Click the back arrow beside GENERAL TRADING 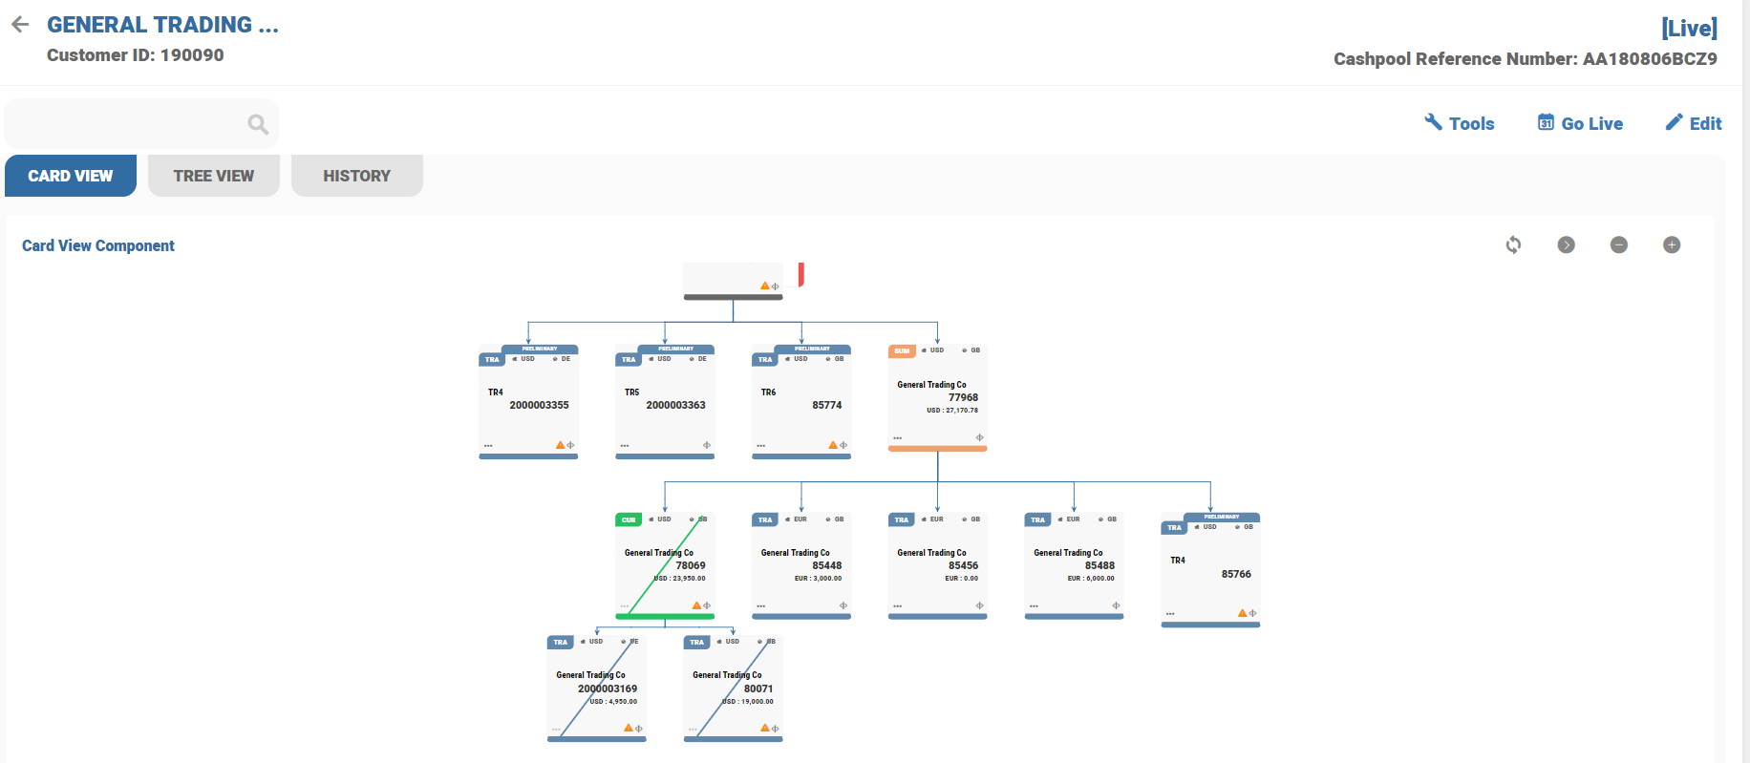[20, 25]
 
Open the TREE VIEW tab [213, 176]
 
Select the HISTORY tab [356, 176]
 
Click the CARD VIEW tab [71, 176]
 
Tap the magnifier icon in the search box [258, 124]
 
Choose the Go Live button [1580, 123]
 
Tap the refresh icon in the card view [1513, 245]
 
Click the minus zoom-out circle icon [1618, 245]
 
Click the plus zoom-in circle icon [1671, 245]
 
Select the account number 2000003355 [539, 405]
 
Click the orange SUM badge [902, 351]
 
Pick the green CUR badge [629, 520]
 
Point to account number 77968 [963, 397]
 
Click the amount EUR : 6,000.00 [1091, 579]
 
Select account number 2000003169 [608, 689]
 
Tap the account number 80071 [758, 689]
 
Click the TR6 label [768, 392]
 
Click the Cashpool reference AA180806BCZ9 [1649, 59]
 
